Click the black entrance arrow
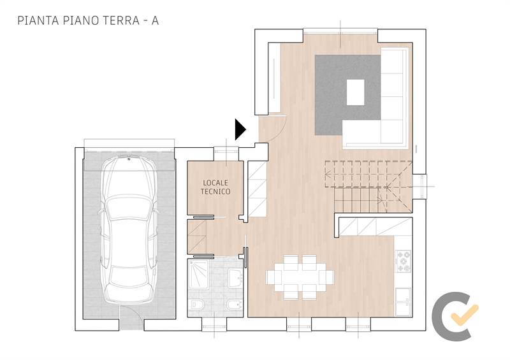point(240,129)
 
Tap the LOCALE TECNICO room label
point(215,187)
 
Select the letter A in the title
point(155,20)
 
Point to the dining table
point(300,277)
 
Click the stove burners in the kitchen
point(404,261)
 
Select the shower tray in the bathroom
point(198,274)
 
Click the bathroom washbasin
point(235,278)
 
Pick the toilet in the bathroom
point(196,305)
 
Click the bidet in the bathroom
point(235,305)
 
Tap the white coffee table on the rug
point(355,92)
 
